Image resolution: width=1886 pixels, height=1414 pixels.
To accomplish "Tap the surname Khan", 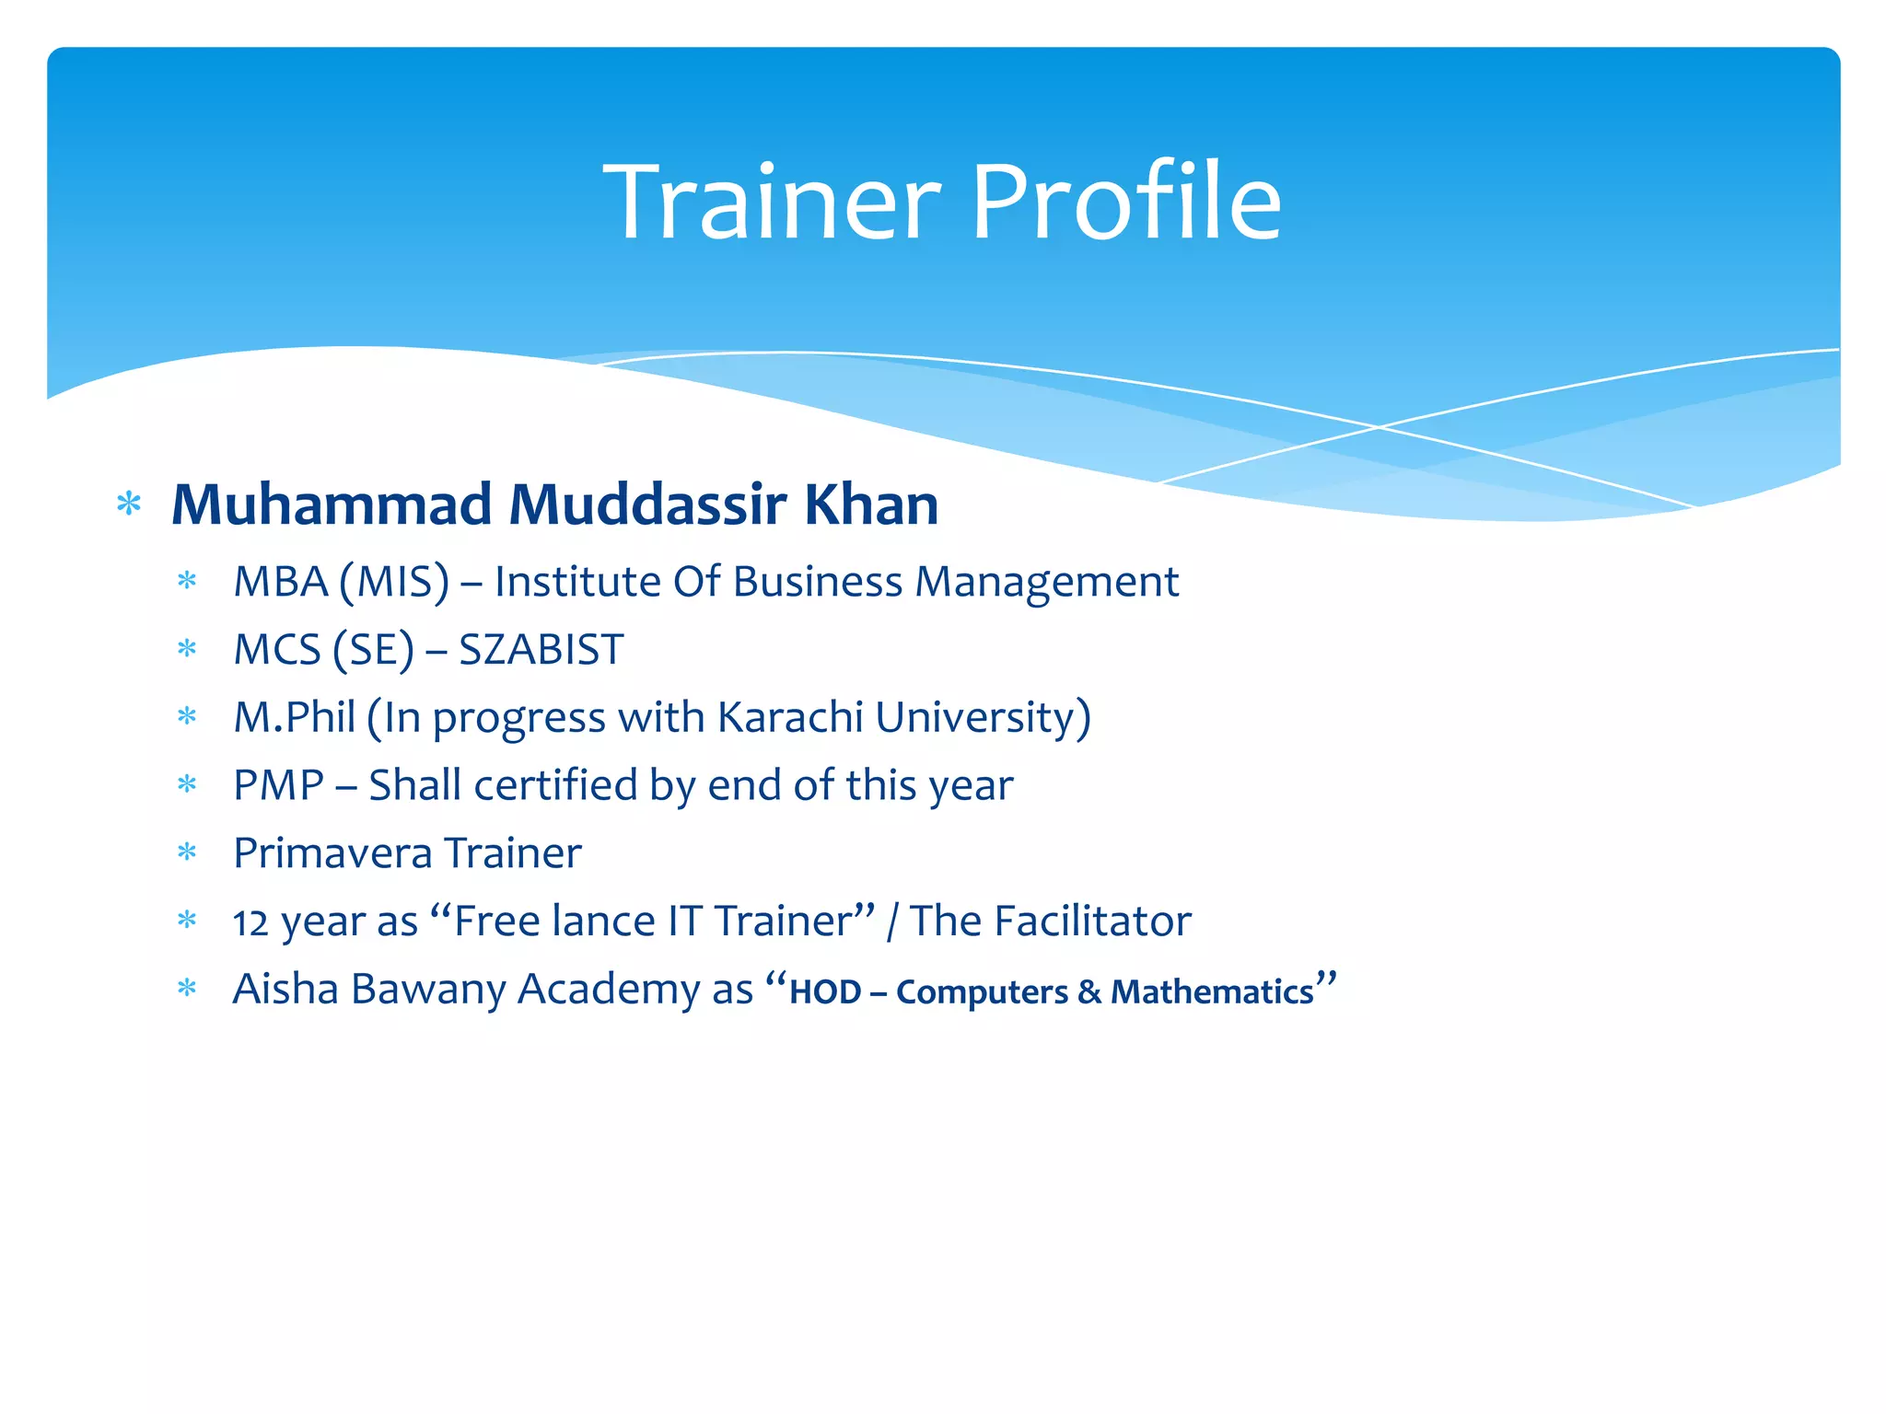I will pos(871,505).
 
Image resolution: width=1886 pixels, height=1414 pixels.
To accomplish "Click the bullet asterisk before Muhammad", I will pos(129,505).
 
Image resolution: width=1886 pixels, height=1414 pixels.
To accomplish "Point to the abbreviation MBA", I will pos(280,582).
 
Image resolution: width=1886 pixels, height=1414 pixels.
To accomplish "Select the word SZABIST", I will pos(541,650).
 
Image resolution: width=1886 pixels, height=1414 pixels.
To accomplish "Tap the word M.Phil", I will pos(294,718).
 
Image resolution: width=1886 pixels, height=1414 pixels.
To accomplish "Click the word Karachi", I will pos(790,717).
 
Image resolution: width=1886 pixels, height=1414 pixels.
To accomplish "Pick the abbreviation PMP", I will pos(278,785).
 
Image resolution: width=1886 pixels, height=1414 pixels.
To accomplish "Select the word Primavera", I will pos(319,853).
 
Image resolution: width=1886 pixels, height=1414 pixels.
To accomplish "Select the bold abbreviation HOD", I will pos(825,992).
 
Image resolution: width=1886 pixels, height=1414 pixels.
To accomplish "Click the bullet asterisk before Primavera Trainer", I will pos(188,852).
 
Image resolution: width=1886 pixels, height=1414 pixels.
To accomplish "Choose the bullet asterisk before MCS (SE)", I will pos(188,649).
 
